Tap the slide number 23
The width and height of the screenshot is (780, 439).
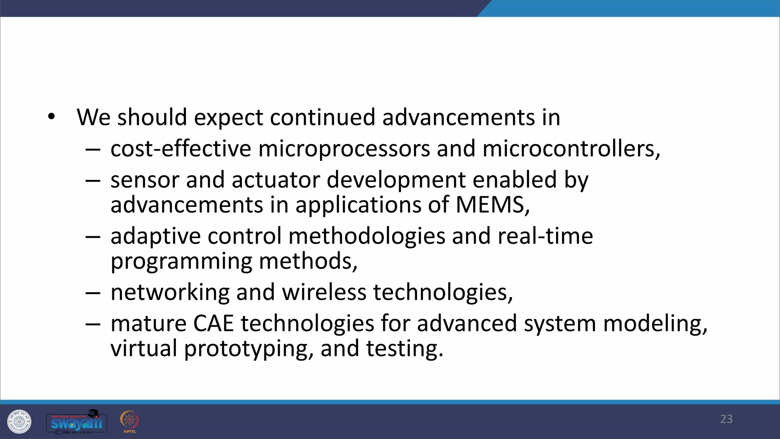pyautogui.click(x=726, y=419)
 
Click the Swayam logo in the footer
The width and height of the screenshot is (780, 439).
pyautogui.click(x=77, y=422)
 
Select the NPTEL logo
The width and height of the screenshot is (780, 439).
pyautogui.click(x=129, y=421)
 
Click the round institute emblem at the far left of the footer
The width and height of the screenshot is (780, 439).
pyautogui.click(x=19, y=421)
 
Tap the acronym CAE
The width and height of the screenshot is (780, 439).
pyautogui.click(x=213, y=324)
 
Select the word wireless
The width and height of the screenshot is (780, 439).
pyautogui.click(x=324, y=292)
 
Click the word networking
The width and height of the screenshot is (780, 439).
pyautogui.click(x=170, y=293)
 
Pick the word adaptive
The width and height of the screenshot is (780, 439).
pyautogui.click(x=155, y=236)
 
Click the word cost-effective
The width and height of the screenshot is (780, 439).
pyautogui.click(x=181, y=149)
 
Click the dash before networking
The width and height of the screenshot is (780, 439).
pyautogui.click(x=93, y=293)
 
